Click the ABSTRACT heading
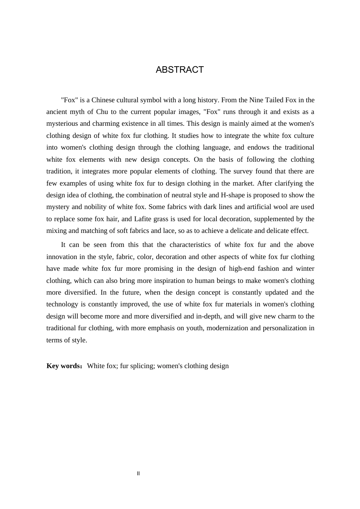[180, 70]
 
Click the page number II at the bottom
[138, 473]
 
